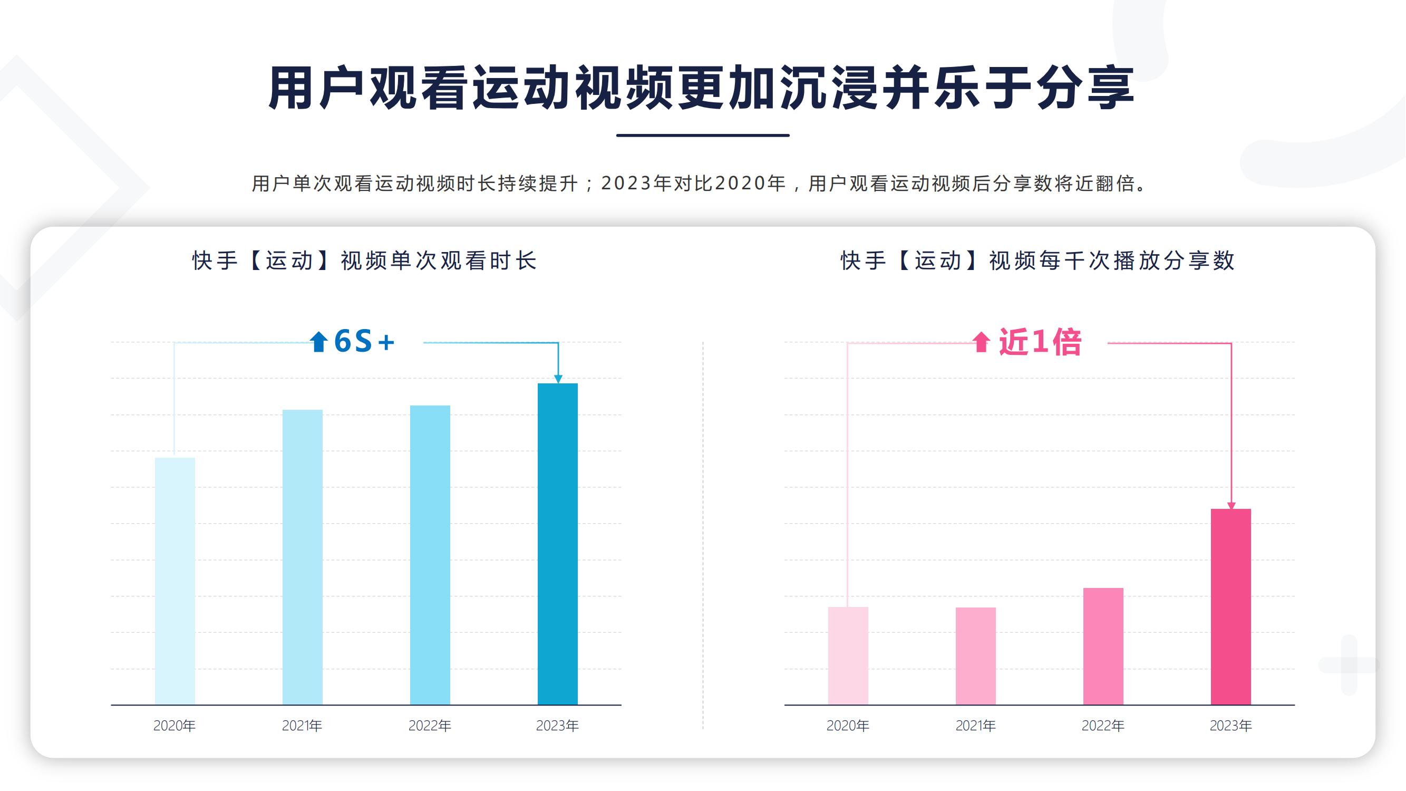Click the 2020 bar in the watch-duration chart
pos(174,581)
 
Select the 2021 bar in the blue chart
pos(303,557)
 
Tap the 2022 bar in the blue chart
pos(430,555)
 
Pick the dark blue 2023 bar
pos(557,544)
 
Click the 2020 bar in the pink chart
pos(848,655)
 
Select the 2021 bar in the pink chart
pos(975,655)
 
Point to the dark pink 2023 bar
pos(1231,606)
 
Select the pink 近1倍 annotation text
pos(1040,343)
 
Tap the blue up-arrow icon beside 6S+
pos(318,342)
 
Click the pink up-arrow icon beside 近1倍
pos(982,342)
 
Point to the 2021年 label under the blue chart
pos(302,726)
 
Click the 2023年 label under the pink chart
pos(1231,726)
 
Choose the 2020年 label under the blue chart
pos(174,726)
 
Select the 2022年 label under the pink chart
pos(1103,726)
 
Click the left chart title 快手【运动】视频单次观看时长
pos(365,261)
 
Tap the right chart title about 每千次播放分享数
pos(1037,261)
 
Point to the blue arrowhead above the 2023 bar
pos(558,378)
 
